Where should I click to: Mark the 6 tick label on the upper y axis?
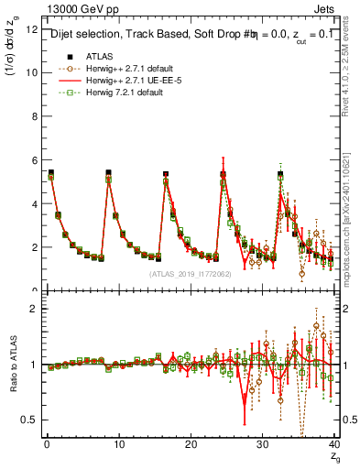[x=34, y=160]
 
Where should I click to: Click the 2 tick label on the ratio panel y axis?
[x=34, y=309]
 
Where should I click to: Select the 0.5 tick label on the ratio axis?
[x=29, y=420]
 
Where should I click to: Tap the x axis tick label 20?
[x=191, y=444]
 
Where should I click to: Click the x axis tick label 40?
[x=334, y=444]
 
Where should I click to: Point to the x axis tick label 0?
[x=46, y=444]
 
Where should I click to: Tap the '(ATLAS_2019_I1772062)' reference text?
[x=191, y=273]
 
